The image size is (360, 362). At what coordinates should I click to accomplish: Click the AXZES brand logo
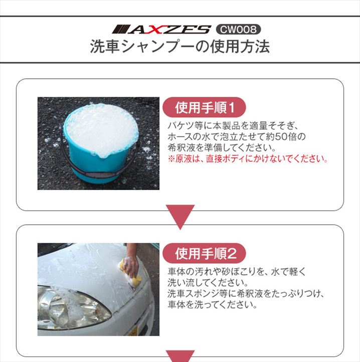click(x=161, y=30)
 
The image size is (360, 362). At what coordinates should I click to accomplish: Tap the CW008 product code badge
click(x=238, y=29)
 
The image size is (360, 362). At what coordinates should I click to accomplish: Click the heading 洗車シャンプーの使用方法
click(x=180, y=47)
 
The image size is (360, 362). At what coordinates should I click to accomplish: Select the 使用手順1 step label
click(x=204, y=108)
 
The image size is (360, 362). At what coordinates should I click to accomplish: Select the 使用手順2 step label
click(x=204, y=254)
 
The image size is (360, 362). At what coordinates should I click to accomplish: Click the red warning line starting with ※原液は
click(x=248, y=159)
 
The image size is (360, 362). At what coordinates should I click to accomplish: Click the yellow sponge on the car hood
click(x=130, y=272)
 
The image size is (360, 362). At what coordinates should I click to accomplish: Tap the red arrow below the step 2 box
click(x=180, y=356)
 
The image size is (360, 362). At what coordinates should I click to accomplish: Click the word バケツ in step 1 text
click(x=181, y=125)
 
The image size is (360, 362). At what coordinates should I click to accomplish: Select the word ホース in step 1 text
click(x=181, y=137)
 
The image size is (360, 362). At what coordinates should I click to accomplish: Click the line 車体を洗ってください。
click(x=213, y=305)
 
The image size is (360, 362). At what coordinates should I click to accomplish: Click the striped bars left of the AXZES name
click(x=120, y=30)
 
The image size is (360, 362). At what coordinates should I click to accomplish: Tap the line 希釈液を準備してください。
click(x=222, y=148)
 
